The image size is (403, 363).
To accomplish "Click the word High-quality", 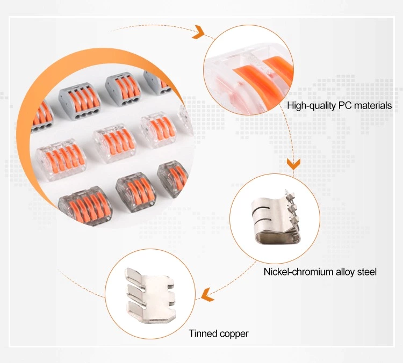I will pos(311,105).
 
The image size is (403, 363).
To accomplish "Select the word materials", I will pos(373,105).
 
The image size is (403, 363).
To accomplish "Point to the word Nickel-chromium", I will pos(297,272).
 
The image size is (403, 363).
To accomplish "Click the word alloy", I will pos(345,272).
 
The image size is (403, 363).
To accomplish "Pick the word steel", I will pos(367,272).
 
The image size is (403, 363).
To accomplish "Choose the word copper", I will pos(234,334).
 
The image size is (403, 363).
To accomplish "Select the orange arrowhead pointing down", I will pos(293,163).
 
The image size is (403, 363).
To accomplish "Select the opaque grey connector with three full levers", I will pos(123,86).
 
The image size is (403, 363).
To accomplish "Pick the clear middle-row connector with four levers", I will pos(114,142).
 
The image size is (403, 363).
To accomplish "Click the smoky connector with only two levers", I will pos(172,177).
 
